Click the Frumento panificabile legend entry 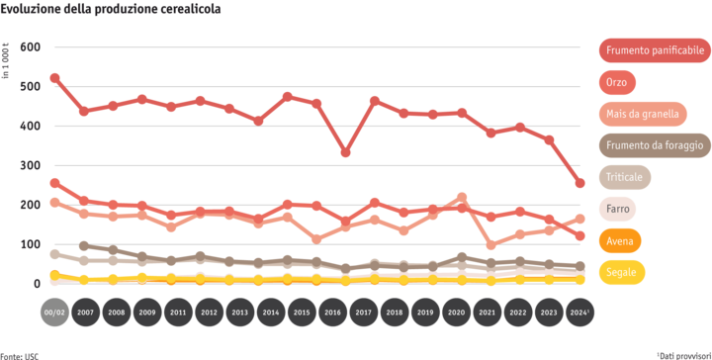point(654,49)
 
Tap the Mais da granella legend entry point(643,113)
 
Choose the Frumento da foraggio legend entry point(654,145)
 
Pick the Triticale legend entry point(626,177)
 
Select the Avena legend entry point(621,240)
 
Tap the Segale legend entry point(623,272)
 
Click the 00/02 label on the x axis point(54,311)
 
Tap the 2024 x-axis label point(580,311)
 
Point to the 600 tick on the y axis point(30,47)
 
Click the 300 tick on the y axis point(30,165)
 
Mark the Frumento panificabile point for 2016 point(345,152)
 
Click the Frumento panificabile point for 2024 point(580,182)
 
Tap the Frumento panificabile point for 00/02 point(54,77)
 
